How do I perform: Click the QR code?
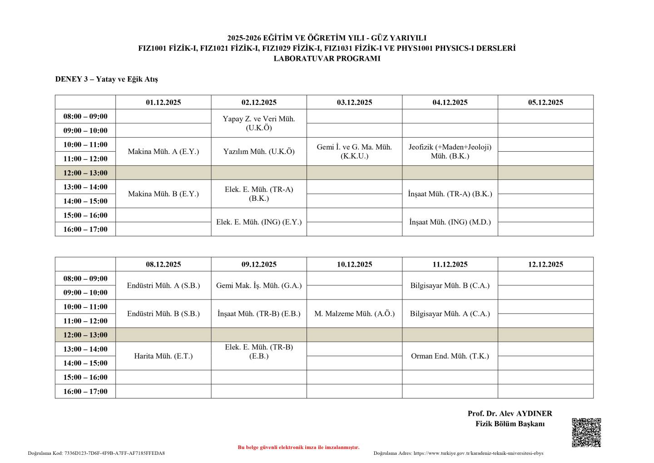click(586, 432)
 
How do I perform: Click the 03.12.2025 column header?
click(354, 102)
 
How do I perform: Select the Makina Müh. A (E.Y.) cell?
click(163, 152)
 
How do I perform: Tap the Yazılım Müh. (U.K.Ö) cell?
click(259, 152)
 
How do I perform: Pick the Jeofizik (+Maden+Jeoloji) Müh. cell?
click(450, 151)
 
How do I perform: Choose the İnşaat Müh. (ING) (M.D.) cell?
click(450, 222)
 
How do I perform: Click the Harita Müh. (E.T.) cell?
click(163, 356)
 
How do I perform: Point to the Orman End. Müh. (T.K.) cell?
click(450, 356)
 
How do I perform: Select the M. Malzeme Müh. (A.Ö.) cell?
click(354, 314)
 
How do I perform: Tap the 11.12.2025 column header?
click(450, 264)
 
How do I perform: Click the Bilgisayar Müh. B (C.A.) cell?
click(450, 286)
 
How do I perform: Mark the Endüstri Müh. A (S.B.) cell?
click(163, 286)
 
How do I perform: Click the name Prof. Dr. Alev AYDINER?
click(510, 413)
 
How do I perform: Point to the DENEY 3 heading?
click(106, 79)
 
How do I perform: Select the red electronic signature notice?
click(298, 448)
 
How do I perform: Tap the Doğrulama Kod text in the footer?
click(96, 453)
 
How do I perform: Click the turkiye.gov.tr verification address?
click(458, 453)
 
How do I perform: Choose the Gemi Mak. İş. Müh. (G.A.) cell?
click(259, 286)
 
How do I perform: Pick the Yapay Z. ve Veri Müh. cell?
click(259, 123)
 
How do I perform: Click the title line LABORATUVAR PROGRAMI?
click(327, 59)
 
